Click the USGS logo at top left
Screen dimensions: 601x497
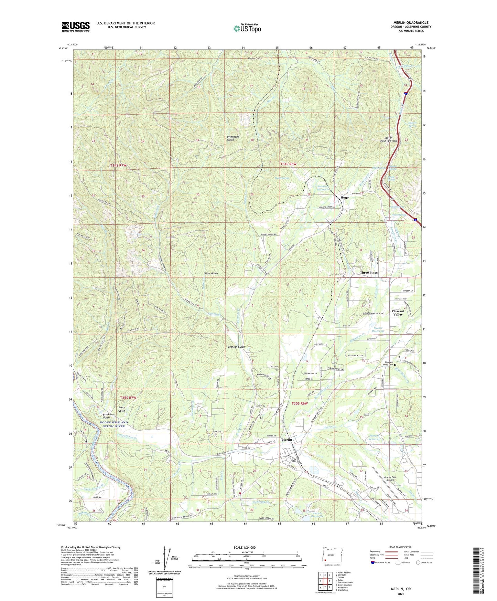click(x=76, y=27)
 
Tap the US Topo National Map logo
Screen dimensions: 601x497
click(x=247, y=28)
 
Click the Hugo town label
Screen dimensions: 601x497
click(x=344, y=198)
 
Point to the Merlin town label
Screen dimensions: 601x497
click(x=287, y=440)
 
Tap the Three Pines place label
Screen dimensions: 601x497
click(x=368, y=273)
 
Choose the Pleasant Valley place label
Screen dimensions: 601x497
click(x=398, y=313)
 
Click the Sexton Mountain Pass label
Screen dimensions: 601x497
click(x=388, y=139)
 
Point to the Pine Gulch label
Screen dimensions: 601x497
click(x=211, y=274)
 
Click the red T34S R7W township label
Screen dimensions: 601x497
click(x=118, y=166)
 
